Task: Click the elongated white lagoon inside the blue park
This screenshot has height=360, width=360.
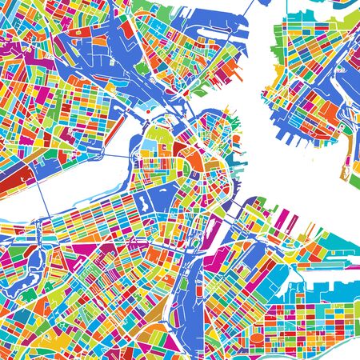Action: [147, 197]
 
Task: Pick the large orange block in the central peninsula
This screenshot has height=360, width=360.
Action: [194, 163]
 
